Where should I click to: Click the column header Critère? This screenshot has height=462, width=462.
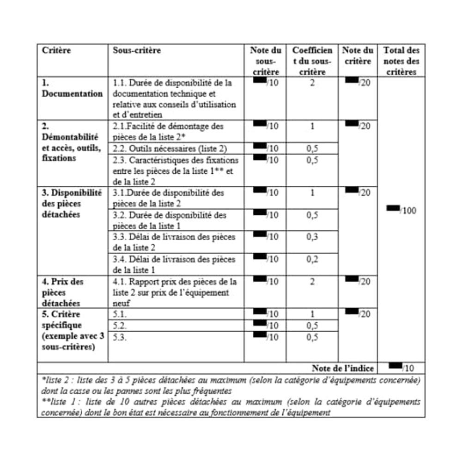point(57,50)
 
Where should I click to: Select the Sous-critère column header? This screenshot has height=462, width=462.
point(137,50)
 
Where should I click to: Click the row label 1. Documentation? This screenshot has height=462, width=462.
point(72,88)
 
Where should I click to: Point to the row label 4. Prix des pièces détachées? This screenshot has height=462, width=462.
point(63,292)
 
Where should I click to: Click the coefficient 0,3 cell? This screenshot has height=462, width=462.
point(312,237)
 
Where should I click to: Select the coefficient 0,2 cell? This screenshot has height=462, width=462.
point(312,259)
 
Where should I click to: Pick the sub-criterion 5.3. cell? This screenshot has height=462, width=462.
point(120,337)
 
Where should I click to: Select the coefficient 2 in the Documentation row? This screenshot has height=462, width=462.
point(312,83)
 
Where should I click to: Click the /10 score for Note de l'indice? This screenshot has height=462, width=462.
point(407,368)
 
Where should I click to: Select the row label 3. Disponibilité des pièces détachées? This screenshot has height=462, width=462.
point(72,203)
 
